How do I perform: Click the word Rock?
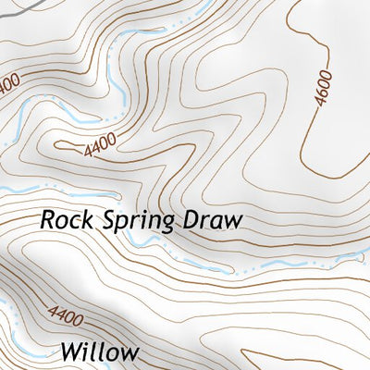(x=64, y=221)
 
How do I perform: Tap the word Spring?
(x=138, y=223)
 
